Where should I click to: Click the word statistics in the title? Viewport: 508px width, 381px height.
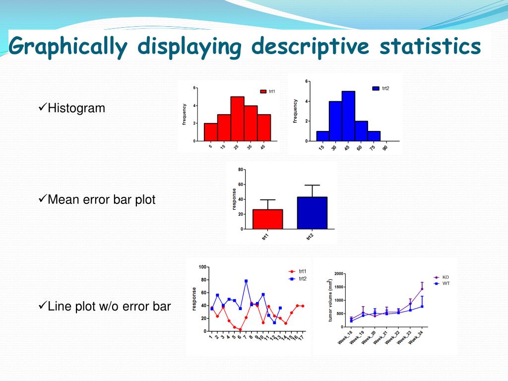click(430, 47)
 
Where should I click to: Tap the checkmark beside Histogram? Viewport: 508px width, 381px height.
click(42, 107)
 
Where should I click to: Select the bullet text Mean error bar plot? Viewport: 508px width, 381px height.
click(101, 200)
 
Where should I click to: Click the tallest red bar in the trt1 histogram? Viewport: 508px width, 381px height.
click(237, 119)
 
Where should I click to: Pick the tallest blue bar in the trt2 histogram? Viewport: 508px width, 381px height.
click(348, 116)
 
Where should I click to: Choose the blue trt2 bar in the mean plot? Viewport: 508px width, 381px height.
click(312, 213)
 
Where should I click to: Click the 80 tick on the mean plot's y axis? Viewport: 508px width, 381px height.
click(241, 170)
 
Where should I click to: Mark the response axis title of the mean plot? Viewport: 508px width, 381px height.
click(234, 199)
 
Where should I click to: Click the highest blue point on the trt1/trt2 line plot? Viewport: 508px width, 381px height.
click(246, 281)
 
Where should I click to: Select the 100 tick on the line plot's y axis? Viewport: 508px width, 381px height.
click(202, 267)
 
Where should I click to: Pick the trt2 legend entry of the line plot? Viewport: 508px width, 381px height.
click(302, 279)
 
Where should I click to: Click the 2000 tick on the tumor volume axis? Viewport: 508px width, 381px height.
click(338, 274)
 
